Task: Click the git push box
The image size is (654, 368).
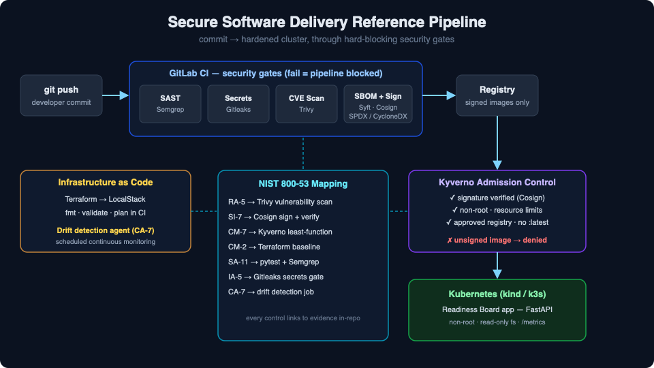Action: (x=61, y=95)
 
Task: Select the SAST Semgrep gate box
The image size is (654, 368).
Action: (x=170, y=104)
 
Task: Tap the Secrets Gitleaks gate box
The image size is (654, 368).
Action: (x=238, y=104)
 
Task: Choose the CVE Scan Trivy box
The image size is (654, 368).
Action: (x=307, y=104)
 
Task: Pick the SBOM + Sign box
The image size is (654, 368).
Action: (x=378, y=104)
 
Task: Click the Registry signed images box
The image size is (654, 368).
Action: (x=497, y=95)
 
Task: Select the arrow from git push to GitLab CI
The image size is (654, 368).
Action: (x=116, y=95)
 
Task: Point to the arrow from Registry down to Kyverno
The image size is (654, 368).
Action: (x=497, y=142)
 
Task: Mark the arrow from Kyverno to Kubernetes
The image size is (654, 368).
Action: (x=497, y=265)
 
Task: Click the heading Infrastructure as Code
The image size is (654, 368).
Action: (x=106, y=183)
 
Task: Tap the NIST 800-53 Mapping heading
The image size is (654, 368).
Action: (x=303, y=183)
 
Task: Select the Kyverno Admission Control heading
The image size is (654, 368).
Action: (x=497, y=183)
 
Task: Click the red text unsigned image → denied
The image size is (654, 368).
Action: (x=497, y=240)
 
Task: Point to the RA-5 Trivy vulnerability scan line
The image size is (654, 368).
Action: (x=280, y=202)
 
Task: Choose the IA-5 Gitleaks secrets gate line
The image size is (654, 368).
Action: (x=276, y=277)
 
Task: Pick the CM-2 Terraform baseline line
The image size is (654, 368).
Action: (x=274, y=247)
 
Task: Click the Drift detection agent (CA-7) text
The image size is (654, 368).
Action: (x=106, y=230)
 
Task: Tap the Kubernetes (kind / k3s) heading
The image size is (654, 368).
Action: (x=497, y=294)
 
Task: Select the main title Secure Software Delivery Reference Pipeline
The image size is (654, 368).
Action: (x=327, y=22)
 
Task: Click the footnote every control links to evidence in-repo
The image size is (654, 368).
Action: (x=303, y=318)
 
